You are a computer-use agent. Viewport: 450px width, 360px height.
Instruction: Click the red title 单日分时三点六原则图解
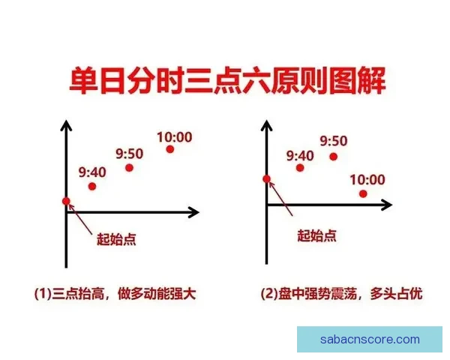[224, 80]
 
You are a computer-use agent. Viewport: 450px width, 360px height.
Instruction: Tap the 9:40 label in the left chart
[92, 171]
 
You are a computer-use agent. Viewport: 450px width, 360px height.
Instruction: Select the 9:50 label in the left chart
[129, 153]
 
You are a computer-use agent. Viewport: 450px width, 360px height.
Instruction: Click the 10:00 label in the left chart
[174, 136]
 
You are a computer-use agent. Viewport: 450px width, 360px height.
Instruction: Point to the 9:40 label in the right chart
[301, 156]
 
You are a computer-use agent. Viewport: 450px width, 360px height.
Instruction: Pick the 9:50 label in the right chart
[334, 141]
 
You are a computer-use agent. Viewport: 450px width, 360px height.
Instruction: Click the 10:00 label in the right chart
[367, 179]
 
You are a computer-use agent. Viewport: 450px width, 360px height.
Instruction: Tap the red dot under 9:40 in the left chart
[92, 186]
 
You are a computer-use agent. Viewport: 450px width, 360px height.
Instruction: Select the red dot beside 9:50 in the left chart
[129, 167]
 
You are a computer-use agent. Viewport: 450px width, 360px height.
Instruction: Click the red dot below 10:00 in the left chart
[170, 150]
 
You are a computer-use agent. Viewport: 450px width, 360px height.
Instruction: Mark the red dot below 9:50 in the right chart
[334, 156]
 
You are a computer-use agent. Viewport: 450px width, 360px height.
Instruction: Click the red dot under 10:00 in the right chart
[363, 193]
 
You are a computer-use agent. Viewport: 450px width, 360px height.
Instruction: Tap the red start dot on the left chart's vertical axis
[66, 201]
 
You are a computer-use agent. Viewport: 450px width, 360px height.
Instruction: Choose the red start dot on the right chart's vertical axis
[266, 178]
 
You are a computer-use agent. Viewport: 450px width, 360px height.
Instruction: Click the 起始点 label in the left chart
[115, 239]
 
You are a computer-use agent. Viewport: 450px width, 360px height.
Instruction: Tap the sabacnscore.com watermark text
[370, 340]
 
